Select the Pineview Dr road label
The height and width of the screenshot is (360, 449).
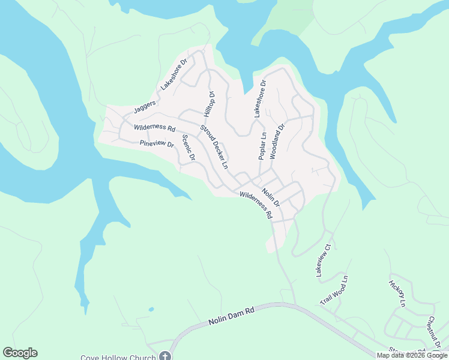point(156,144)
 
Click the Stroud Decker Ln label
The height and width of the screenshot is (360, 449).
point(214,146)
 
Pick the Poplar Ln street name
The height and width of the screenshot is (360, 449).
point(262,146)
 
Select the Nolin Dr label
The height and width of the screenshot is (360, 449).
point(271,199)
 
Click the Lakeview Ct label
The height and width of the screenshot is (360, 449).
point(324,260)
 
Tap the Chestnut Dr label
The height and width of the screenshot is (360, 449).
point(435,332)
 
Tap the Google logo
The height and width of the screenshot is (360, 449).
point(20,353)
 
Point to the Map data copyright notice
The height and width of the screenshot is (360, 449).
point(412,355)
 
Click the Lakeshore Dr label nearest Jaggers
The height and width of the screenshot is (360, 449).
point(174,74)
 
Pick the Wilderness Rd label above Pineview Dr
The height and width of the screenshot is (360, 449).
point(154,128)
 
